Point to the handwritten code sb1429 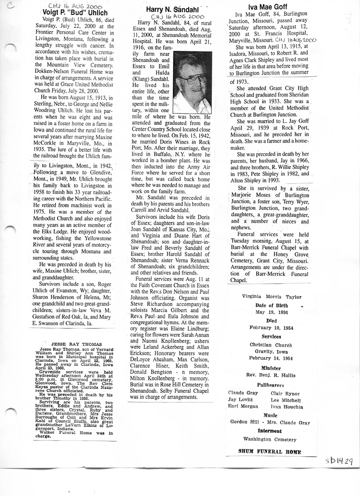pyautogui.click(x=339, y=461)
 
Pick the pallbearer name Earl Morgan pyautogui.click(x=243, y=407)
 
